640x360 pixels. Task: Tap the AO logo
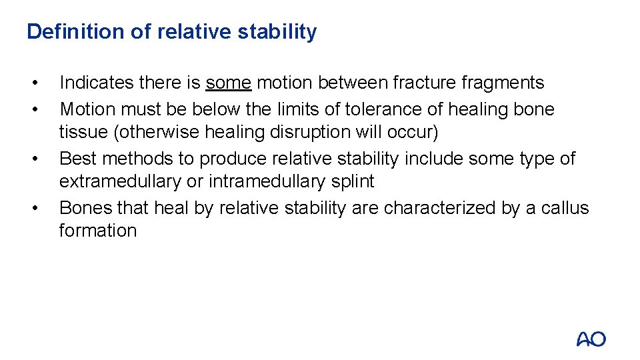point(591,339)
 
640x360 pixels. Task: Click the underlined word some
point(229,83)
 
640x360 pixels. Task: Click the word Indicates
point(96,83)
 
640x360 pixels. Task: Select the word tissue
point(83,132)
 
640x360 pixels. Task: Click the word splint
point(353,181)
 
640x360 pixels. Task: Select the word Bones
point(85,208)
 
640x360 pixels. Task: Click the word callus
point(564,208)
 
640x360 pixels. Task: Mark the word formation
point(97,231)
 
